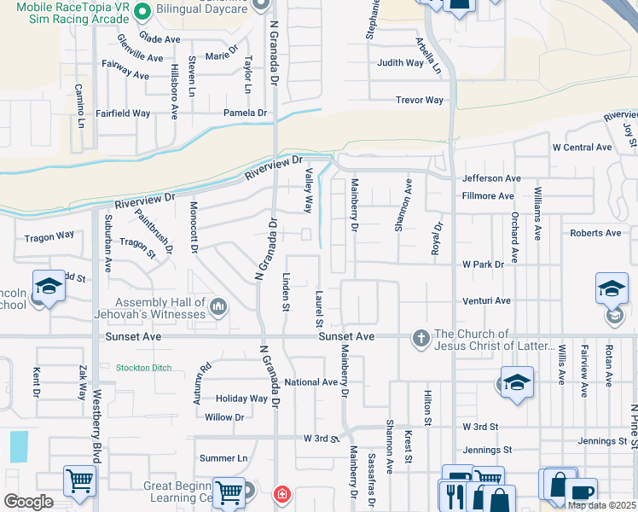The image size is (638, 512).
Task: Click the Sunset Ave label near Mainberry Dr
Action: pyautogui.click(x=346, y=337)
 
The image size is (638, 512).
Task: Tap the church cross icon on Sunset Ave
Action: pyautogui.click(x=420, y=339)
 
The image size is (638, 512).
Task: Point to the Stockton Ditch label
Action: pyautogui.click(x=144, y=368)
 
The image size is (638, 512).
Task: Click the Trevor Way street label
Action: pyautogui.click(x=420, y=100)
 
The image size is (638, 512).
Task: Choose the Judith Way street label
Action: pyautogui.click(x=400, y=62)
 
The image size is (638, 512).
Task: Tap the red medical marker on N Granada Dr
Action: pyautogui.click(x=281, y=494)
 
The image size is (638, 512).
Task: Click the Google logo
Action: pyautogui.click(x=28, y=501)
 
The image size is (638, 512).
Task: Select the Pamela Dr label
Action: pyautogui.click(x=245, y=113)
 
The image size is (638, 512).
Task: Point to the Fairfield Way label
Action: pyautogui.click(x=123, y=113)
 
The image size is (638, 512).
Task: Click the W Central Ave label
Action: pyautogui.click(x=582, y=148)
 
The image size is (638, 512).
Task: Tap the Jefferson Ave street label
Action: pyautogui.click(x=491, y=178)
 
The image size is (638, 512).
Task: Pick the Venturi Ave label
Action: pyautogui.click(x=486, y=300)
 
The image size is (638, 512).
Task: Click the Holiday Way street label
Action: pyautogui.click(x=241, y=399)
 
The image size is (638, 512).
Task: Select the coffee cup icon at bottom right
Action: pyautogui.click(x=581, y=494)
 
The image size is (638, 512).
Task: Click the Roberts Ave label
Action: pyautogui.click(x=595, y=233)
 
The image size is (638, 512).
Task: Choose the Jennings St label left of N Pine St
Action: pyautogui.click(x=603, y=440)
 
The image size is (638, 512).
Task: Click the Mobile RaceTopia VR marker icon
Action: pyautogui.click(x=142, y=12)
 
